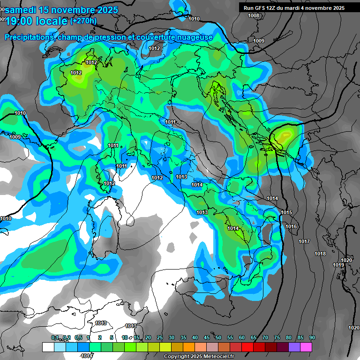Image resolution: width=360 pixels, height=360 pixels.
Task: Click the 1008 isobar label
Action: tap(254, 15)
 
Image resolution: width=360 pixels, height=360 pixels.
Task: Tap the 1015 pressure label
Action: tap(286, 213)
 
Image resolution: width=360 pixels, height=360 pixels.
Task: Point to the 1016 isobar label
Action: tap(291, 227)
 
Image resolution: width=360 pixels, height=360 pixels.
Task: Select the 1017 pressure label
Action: tap(304, 241)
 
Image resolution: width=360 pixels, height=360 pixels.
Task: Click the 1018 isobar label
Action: tap(320, 254)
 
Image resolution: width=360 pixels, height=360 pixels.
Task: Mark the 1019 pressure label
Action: tap(338, 265)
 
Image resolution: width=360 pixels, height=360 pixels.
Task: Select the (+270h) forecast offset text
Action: tap(83, 21)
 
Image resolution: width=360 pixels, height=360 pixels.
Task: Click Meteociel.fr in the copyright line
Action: tap(218, 357)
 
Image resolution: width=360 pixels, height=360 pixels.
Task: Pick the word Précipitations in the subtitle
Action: tap(29, 37)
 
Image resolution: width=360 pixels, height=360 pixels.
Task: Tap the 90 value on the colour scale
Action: tap(312, 337)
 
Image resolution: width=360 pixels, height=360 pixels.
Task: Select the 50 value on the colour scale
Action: tap(218, 337)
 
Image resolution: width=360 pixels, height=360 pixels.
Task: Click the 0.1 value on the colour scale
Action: tap(55, 337)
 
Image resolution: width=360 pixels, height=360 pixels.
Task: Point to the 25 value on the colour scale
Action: tap(160, 337)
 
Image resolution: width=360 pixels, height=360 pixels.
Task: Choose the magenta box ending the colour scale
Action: tap(306, 347)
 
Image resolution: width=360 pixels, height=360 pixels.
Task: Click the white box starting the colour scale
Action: tap(48, 347)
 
